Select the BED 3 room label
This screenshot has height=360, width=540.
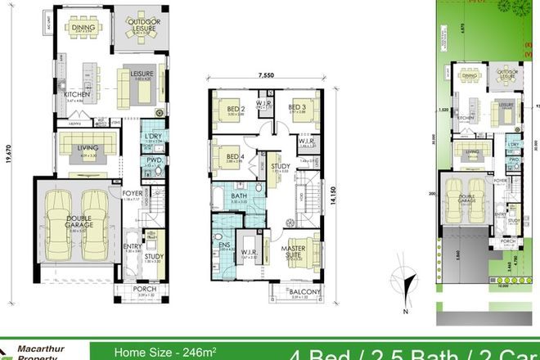point(298,106)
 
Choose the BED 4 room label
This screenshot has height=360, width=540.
point(235,156)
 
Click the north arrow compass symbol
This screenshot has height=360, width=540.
point(400,277)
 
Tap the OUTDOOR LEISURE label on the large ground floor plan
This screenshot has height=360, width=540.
point(146,27)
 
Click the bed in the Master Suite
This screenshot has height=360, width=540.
point(301,250)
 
